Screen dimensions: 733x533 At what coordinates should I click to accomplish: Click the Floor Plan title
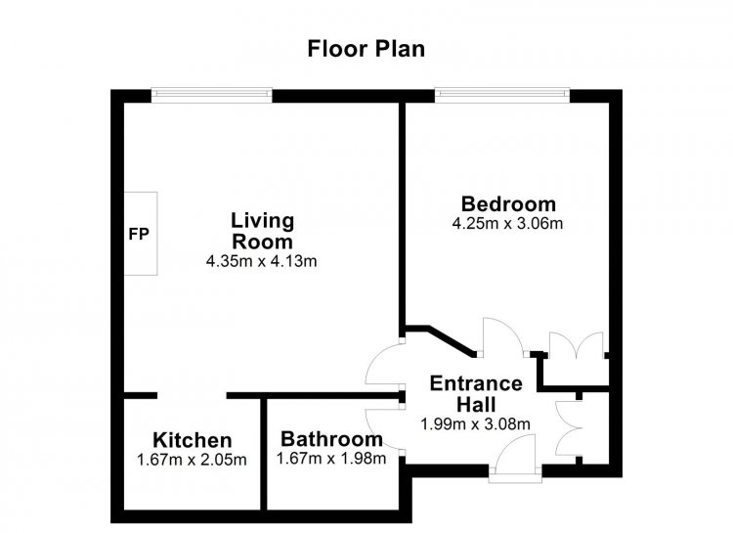pos(366,49)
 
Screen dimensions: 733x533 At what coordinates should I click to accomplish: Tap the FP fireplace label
pos(139,234)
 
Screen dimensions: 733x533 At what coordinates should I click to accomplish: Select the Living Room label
pos(262,231)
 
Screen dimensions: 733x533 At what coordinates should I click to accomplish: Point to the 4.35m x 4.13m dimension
pos(261,261)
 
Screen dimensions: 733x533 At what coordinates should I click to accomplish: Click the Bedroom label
pos(508,204)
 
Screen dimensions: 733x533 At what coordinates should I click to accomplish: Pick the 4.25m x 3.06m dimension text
pos(507,224)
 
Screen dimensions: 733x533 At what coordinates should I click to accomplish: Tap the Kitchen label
pos(193,440)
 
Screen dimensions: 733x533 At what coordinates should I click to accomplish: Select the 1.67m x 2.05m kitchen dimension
pos(192,460)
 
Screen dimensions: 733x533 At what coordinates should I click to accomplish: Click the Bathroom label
pos(331,439)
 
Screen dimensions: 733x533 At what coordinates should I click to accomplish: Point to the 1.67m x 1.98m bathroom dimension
pos(331,459)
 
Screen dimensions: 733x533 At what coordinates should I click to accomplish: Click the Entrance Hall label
pos(476,394)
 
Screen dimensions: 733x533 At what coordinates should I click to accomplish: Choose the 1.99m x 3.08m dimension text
pos(475,424)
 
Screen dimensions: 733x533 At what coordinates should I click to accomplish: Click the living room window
pos(212,95)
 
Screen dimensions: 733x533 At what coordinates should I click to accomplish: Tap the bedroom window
pos(502,95)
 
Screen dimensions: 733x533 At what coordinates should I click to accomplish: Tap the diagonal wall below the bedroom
pos(452,340)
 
